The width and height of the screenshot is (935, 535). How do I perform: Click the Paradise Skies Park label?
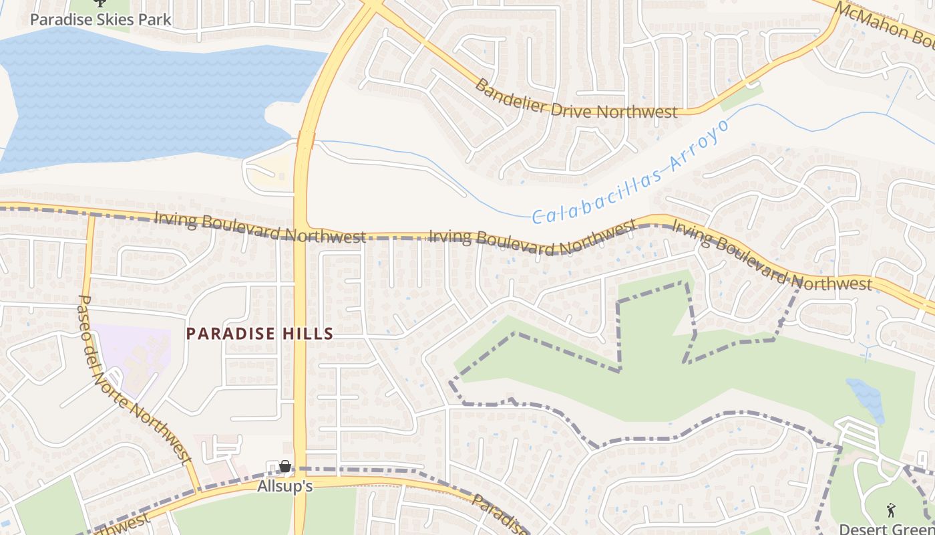click(x=101, y=19)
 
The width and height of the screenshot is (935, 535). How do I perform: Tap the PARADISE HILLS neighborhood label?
click(x=260, y=334)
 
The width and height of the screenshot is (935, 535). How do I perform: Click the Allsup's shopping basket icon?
click(x=285, y=466)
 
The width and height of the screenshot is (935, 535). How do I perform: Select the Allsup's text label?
click(x=285, y=486)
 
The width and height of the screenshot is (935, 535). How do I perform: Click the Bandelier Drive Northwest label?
click(x=576, y=100)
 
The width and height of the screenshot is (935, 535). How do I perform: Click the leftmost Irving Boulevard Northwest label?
click(x=260, y=228)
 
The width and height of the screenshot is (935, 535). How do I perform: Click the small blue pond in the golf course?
click(x=866, y=399)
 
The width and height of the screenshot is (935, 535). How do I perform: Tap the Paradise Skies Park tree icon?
click(x=101, y=3)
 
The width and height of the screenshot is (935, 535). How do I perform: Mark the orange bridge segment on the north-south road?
click(x=306, y=140)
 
